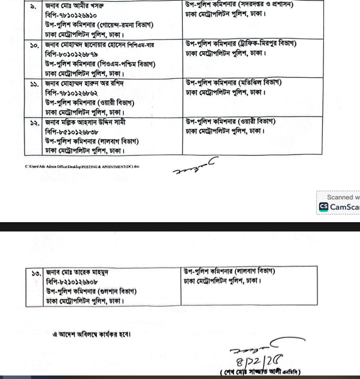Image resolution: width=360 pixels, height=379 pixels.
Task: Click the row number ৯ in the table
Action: click(x=33, y=6)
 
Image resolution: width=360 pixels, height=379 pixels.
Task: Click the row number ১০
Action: click(x=33, y=44)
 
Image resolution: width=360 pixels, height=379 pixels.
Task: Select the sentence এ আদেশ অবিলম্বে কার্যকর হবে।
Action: click(x=92, y=334)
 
